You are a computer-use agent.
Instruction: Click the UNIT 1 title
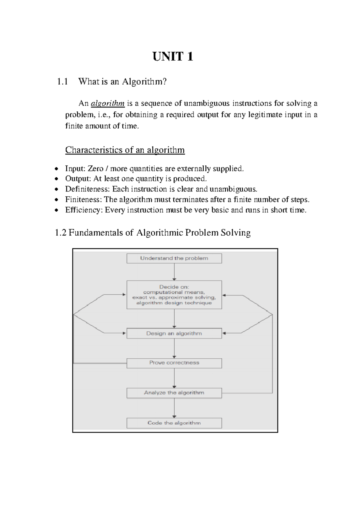[x=172, y=56]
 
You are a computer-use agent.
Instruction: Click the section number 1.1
[x=62, y=82]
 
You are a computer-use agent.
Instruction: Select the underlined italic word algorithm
[x=107, y=104]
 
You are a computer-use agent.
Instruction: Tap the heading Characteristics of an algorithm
[x=125, y=150]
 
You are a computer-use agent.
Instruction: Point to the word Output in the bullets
[x=77, y=179]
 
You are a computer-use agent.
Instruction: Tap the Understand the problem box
[x=174, y=258]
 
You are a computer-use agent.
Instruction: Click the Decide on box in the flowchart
[x=174, y=295]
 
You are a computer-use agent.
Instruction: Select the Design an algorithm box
[x=174, y=333]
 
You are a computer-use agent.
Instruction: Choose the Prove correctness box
[x=174, y=363]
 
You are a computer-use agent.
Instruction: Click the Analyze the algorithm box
[x=174, y=393]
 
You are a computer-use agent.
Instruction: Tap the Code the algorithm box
[x=174, y=423]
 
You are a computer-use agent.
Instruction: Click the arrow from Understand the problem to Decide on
[x=174, y=272]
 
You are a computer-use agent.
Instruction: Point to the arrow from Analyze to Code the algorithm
[x=174, y=408]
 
